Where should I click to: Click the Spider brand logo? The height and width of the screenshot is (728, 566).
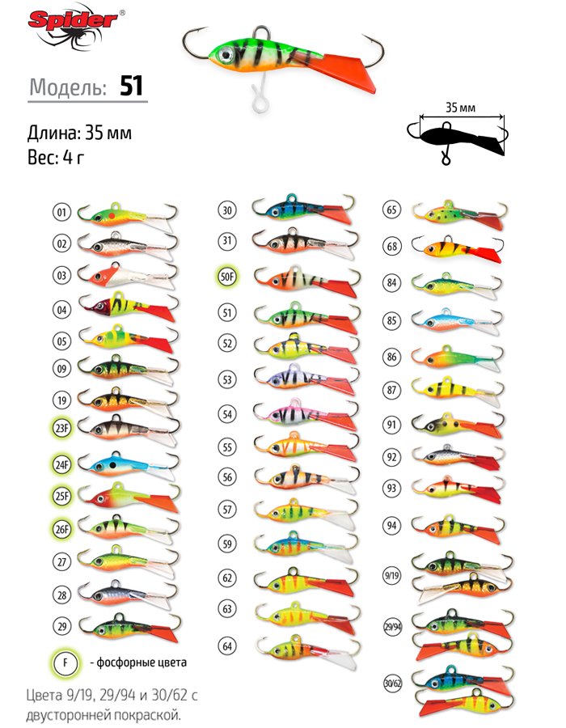(x=75, y=26)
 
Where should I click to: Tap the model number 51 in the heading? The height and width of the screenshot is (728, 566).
(x=131, y=86)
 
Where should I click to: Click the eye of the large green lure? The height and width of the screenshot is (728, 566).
(x=226, y=54)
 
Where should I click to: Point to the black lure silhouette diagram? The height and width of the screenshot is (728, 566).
(x=457, y=139)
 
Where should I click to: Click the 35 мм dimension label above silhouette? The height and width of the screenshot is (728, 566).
(x=460, y=108)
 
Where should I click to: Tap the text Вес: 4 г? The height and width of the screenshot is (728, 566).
(x=56, y=158)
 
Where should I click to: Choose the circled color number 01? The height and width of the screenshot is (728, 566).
(x=61, y=213)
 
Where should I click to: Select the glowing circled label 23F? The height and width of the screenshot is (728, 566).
(x=61, y=428)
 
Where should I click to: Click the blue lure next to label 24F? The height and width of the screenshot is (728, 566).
(x=129, y=466)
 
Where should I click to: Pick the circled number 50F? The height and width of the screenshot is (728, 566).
(x=227, y=277)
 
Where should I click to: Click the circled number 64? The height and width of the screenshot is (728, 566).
(x=227, y=645)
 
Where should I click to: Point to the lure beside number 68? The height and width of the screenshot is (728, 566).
(x=457, y=248)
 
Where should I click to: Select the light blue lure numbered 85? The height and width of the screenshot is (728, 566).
(x=457, y=321)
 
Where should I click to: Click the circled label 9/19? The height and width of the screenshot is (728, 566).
(x=392, y=576)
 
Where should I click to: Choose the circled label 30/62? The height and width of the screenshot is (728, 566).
(x=392, y=683)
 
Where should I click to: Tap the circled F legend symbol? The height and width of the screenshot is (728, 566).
(x=65, y=662)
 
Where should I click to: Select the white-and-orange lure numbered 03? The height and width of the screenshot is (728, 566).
(x=128, y=276)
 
